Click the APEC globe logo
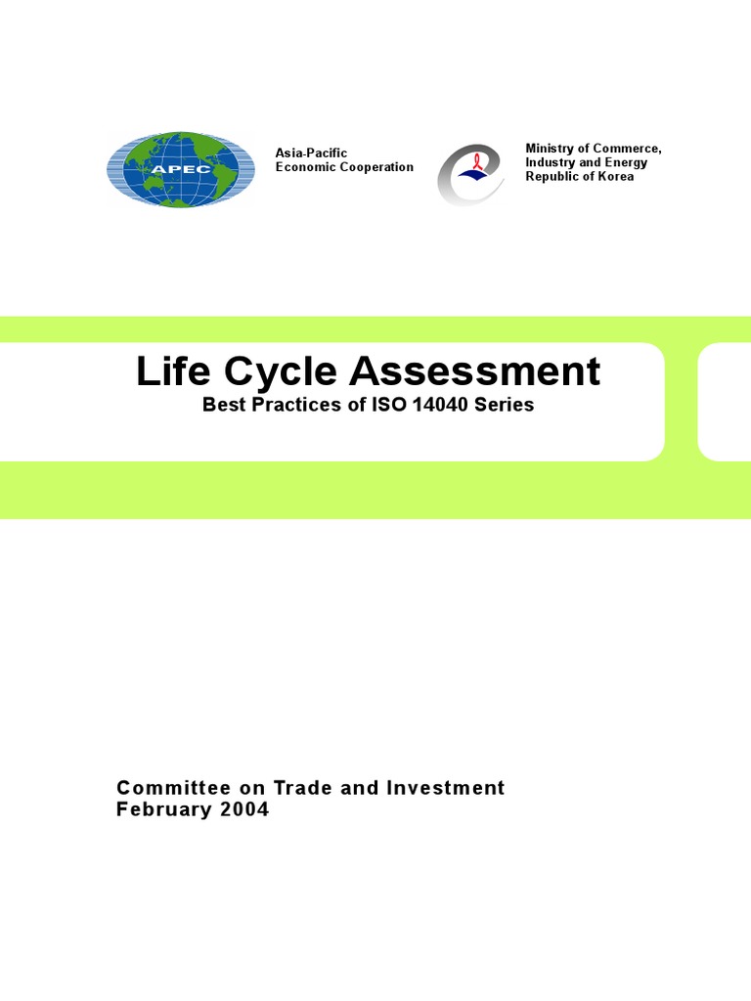[x=180, y=169]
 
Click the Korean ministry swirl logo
[x=470, y=174]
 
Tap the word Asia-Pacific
[x=311, y=152]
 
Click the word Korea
[x=613, y=177]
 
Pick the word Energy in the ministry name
[x=625, y=162]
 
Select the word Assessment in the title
[x=476, y=371]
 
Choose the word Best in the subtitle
[x=222, y=405]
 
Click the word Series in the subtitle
[x=504, y=405]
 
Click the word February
[x=163, y=809]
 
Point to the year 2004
[x=244, y=809]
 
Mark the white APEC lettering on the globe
[x=180, y=167]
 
